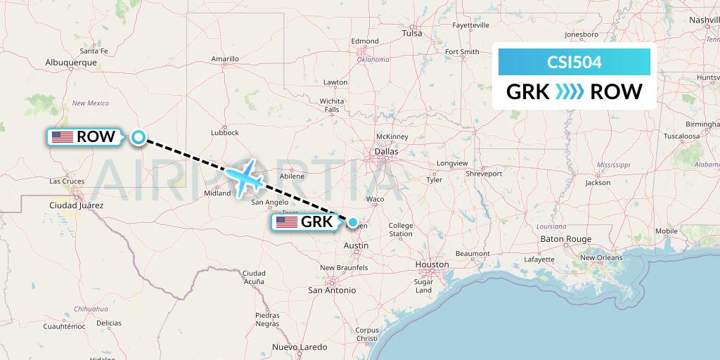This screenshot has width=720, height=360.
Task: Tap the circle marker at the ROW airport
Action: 139,138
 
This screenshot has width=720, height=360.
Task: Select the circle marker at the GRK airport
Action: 352,222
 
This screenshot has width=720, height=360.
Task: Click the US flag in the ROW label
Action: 63,137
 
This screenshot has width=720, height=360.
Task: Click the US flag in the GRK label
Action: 287,222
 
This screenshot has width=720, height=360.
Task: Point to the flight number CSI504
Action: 574,62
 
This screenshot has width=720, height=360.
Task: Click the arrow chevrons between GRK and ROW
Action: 570,92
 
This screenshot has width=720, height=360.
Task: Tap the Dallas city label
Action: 387,151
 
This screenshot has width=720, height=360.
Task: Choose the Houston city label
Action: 431,265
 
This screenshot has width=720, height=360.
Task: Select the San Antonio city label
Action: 333,290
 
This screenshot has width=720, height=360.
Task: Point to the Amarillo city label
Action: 225,59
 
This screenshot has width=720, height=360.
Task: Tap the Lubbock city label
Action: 224,131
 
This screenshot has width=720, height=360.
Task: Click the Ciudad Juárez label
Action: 77,205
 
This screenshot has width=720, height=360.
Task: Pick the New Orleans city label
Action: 601,257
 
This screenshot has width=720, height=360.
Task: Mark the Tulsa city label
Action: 412,33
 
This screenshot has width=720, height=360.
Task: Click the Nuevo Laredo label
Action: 300,347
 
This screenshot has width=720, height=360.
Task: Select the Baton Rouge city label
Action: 566,239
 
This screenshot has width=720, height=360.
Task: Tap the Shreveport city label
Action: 484,173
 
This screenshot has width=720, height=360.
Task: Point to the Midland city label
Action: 217,193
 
